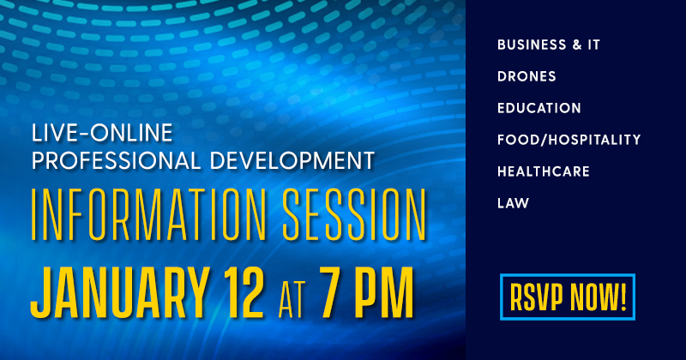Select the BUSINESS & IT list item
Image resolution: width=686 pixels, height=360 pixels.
(x=549, y=44)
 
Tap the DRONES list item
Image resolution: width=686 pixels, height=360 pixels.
(x=527, y=76)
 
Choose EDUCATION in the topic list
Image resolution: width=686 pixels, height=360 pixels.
(x=539, y=108)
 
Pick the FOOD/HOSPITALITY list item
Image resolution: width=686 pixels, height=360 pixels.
(x=569, y=140)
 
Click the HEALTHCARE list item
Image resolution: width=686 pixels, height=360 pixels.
(x=544, y=171)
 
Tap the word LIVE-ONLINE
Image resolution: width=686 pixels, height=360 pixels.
(x=101, y=133)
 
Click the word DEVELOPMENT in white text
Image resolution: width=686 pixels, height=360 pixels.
(x=292, y=159)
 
